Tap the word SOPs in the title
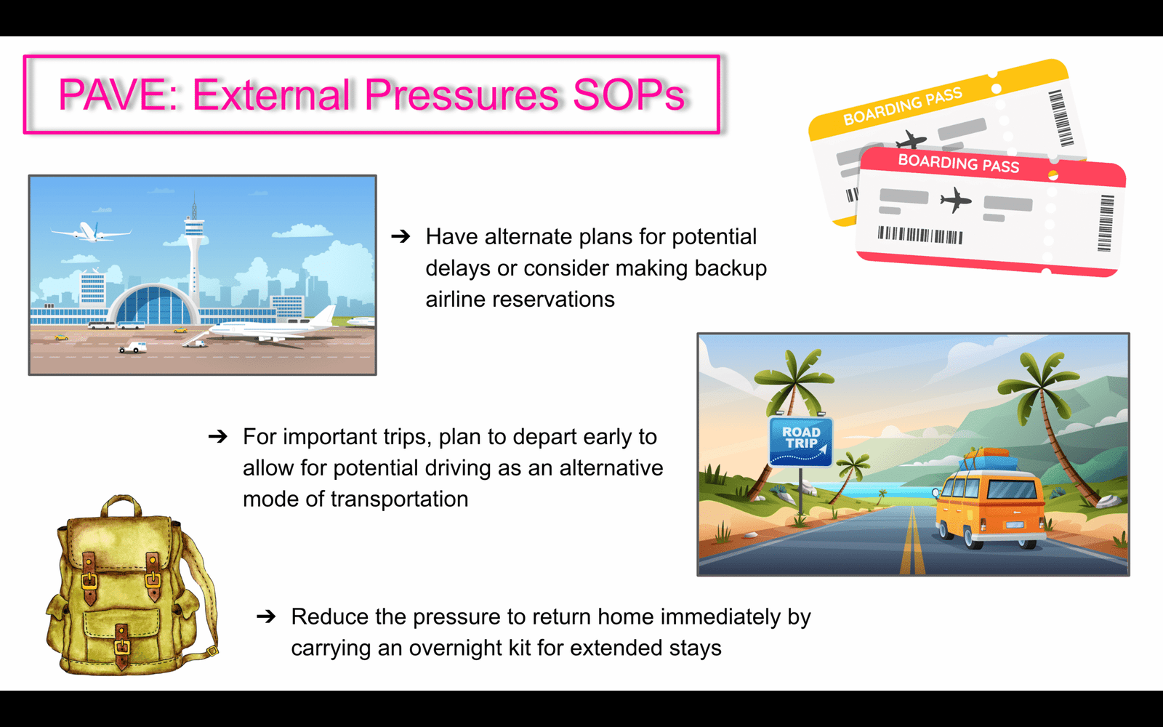[x=629, y=95]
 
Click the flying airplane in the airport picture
[x=90, y=232]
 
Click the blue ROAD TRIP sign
[x=800, y=441]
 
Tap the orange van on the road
[x=991, y=506]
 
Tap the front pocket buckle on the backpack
[x=122, y=644]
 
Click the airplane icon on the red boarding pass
[x=955, y=200]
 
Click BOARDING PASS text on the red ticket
[x=959, y=163]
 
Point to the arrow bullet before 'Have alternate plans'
[x=401, y=237]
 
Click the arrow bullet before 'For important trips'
[x=218, y=436]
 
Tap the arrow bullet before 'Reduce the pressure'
[x=266, y=616]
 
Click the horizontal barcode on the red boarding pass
[x=920, y=235]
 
